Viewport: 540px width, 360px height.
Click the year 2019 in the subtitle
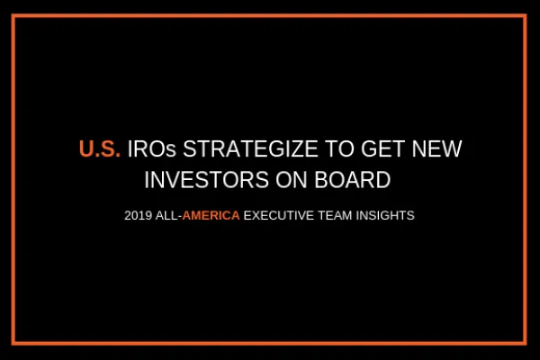(x=140, y=217)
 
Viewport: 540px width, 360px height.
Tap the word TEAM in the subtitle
(x=333, y=217)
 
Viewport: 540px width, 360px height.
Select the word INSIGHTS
(x=383, y=217)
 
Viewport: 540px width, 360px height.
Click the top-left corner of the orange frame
(x=16, y=17)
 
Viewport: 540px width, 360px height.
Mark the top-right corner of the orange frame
(x=525, y=17)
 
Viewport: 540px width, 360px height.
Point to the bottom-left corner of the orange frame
(x=16, y=342)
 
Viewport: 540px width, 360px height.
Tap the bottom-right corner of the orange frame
(x=525, y=342)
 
